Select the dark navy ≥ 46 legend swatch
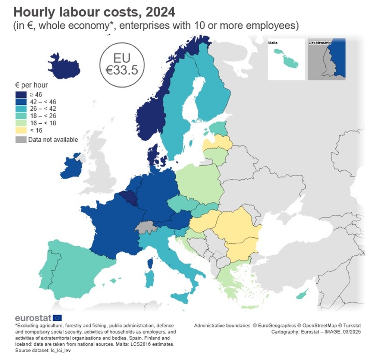(x=21, y=95)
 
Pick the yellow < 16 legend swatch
(x=21, y=130)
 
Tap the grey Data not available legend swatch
(x=21, y=140)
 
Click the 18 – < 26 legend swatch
(x=21, y=116)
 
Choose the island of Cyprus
(x=302, y=295)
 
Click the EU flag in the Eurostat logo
(x=57, y=318)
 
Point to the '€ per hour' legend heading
(x=31, y=85)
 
